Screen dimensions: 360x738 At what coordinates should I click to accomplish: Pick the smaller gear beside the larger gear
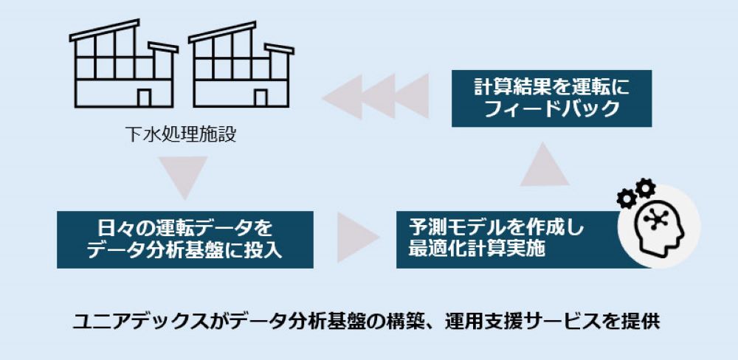pyautogui.click(x=627, y=198)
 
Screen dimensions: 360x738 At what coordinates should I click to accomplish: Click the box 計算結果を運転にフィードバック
pyautogui.click(x=551, y=98)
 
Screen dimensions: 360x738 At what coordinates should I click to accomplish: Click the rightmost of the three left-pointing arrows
pyautogui.click(x=410, y=97)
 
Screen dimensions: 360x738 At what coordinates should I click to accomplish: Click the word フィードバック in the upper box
pyautogui.click(x=551, y=109)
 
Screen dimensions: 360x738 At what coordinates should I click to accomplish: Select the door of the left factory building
pyautogui.click(x=145, y=97)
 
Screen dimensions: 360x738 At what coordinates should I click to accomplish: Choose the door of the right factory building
pyautogui.click(x=261, y=97)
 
